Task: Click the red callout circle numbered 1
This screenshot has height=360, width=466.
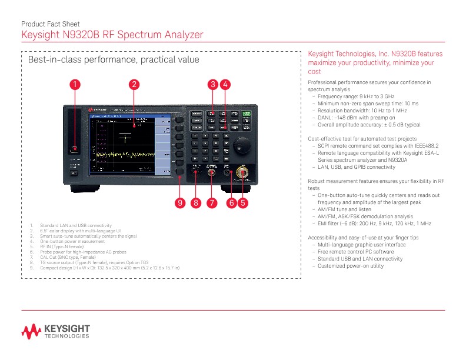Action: click(75, 85)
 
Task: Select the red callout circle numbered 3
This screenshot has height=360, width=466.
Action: click(213, 85)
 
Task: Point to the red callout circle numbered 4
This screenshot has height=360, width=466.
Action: click(225, 85)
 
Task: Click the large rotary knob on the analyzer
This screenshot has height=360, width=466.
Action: click(241, 145)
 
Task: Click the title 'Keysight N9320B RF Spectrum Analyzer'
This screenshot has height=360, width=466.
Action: click(112, 35)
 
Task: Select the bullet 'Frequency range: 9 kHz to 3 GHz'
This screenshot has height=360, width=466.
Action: click(356, 96)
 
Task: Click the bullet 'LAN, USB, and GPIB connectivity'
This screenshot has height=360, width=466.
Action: click(357, 167)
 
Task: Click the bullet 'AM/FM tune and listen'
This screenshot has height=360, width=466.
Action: click(345, 209)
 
